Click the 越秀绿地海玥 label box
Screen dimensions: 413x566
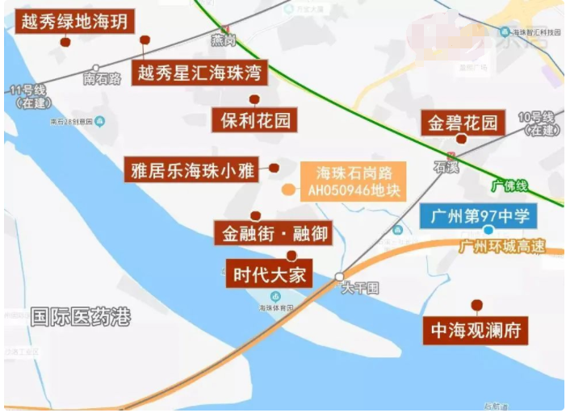75,21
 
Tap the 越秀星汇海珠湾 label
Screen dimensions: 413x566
199,74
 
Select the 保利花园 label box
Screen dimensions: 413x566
255,121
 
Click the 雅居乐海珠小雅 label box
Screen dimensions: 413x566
193,170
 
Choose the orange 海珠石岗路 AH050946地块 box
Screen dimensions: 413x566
353,182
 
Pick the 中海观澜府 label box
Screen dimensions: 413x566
476,331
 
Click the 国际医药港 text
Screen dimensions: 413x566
79,316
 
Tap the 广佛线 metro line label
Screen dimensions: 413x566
509,186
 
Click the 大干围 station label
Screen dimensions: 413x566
359,287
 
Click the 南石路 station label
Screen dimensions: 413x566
103,79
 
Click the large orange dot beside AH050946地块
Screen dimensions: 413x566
287,190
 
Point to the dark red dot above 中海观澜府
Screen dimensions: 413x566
477,305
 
